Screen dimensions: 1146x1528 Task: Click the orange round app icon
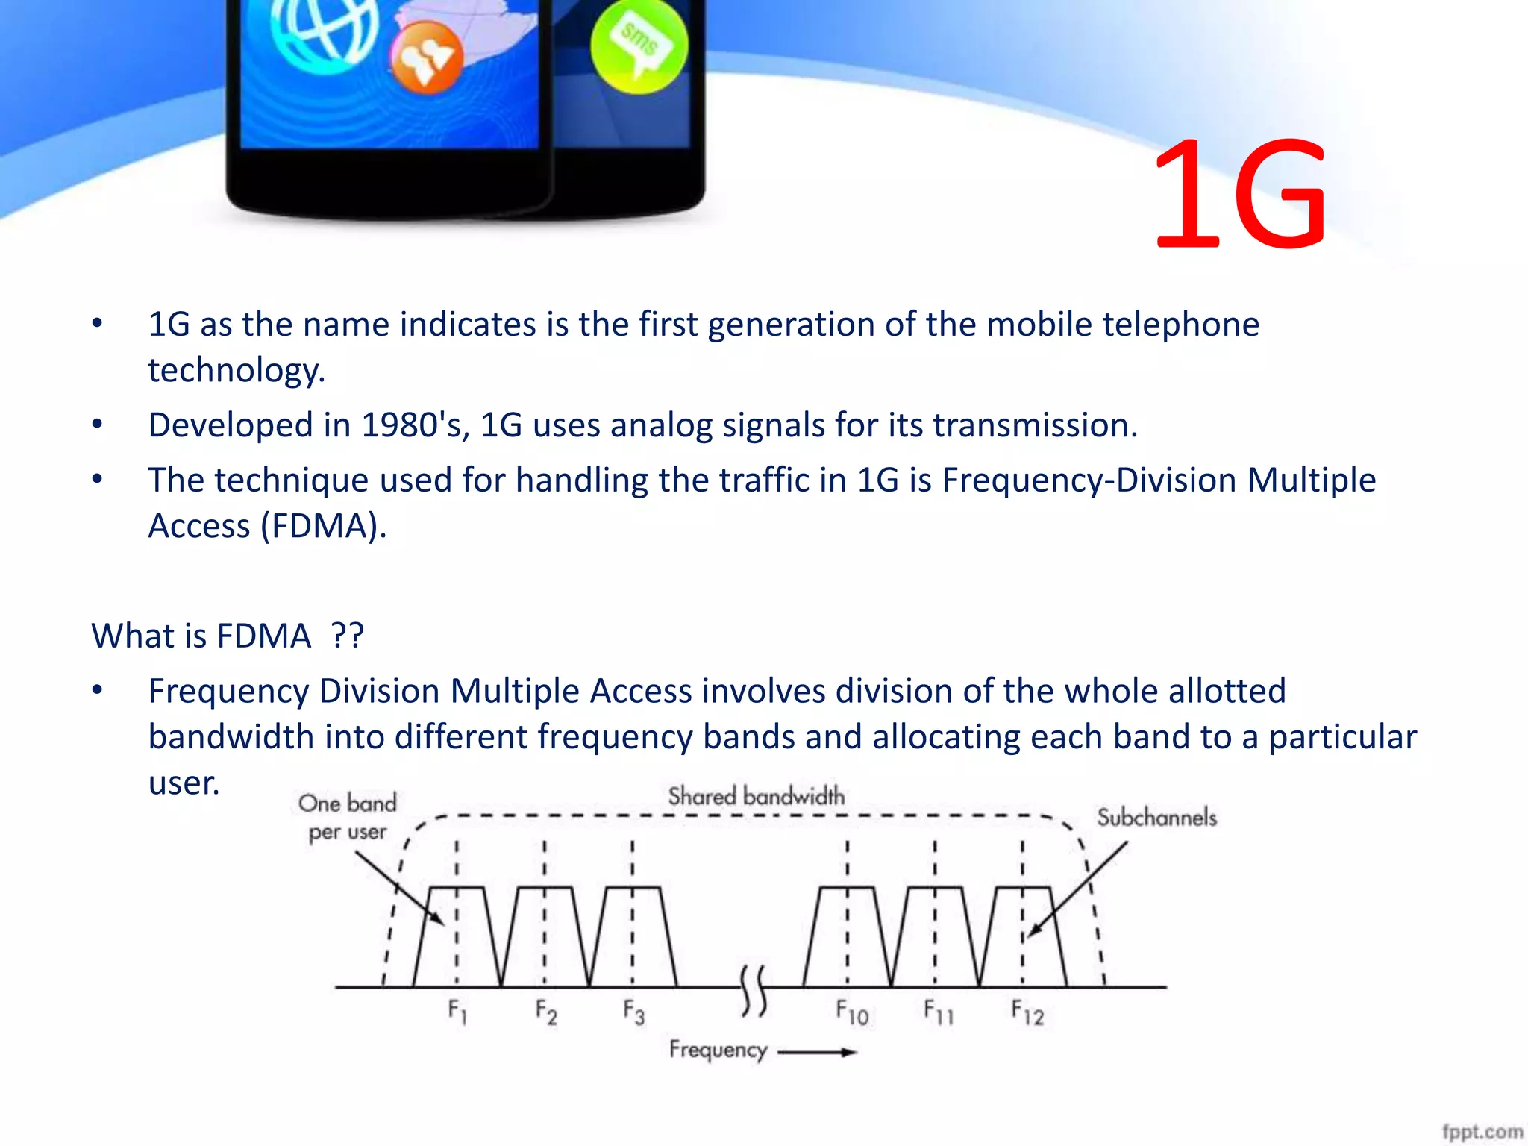tap(427, 57)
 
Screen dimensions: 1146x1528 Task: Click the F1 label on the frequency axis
tap(457, 1012)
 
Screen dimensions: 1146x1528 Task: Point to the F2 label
tap(546, 1012)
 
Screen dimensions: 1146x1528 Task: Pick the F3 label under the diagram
tap(634, 1012)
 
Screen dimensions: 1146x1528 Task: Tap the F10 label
tap(852, 1012)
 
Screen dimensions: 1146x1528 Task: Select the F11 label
tap(939, 1012)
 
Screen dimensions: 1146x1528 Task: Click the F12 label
tap(1027, 1012)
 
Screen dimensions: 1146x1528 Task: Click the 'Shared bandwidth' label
tap(756, 797)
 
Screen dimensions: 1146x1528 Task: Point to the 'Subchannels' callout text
tap(1156, 818)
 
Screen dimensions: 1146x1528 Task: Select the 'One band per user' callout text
tap(348, 817)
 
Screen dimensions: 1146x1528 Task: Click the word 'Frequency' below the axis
tap(718, 1050)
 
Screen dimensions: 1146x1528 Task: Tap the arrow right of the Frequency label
tap(818, 1053)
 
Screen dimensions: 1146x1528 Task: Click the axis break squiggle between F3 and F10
tap(754, 991)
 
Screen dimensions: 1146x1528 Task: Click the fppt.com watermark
tap(1482, 1131)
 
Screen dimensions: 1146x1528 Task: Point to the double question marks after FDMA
tap(348, 636)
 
